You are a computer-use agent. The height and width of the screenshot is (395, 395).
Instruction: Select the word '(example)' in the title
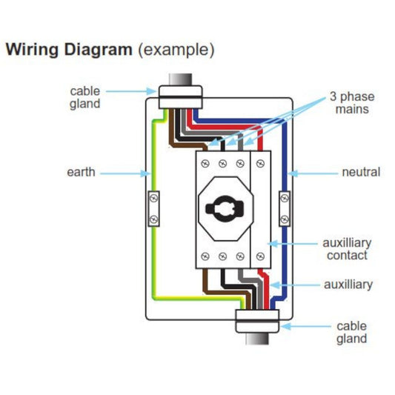tap(176, 50)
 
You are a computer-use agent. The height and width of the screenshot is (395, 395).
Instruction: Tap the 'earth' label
tap(81, 173)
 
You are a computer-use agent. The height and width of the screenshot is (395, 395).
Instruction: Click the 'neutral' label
tap(361, 173)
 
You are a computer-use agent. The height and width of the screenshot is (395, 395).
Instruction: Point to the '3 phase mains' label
tap(352, 103)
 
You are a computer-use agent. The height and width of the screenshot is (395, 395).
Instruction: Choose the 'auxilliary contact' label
tap(347, 249)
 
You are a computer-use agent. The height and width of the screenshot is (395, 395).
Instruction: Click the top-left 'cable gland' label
tap(85, 98)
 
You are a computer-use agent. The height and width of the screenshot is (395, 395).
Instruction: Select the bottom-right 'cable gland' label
tap(351, 333)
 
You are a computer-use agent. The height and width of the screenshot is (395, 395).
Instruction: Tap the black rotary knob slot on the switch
tap(225, 208)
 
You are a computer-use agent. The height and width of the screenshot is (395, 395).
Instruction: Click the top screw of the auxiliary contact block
tap(260, 164)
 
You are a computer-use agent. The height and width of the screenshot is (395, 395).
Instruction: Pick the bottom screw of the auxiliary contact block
tap(260, 256)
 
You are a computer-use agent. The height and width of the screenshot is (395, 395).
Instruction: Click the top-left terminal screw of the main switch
tap(205, 164)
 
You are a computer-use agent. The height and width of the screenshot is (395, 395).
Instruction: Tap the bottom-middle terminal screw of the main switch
tap(222, 256)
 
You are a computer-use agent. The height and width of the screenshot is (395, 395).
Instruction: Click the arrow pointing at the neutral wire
tap(313, 173)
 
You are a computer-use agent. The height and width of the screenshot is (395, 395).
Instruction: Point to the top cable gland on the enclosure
tap(180, 97)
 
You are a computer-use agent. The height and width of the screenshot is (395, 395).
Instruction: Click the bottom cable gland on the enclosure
tap(257, 321)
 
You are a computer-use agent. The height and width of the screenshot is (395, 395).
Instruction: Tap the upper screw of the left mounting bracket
tap(153, 199)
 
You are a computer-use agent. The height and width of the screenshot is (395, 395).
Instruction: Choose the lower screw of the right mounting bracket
tap(285, 219)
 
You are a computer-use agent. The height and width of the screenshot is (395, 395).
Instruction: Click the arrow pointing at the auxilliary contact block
tap(292, 244)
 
